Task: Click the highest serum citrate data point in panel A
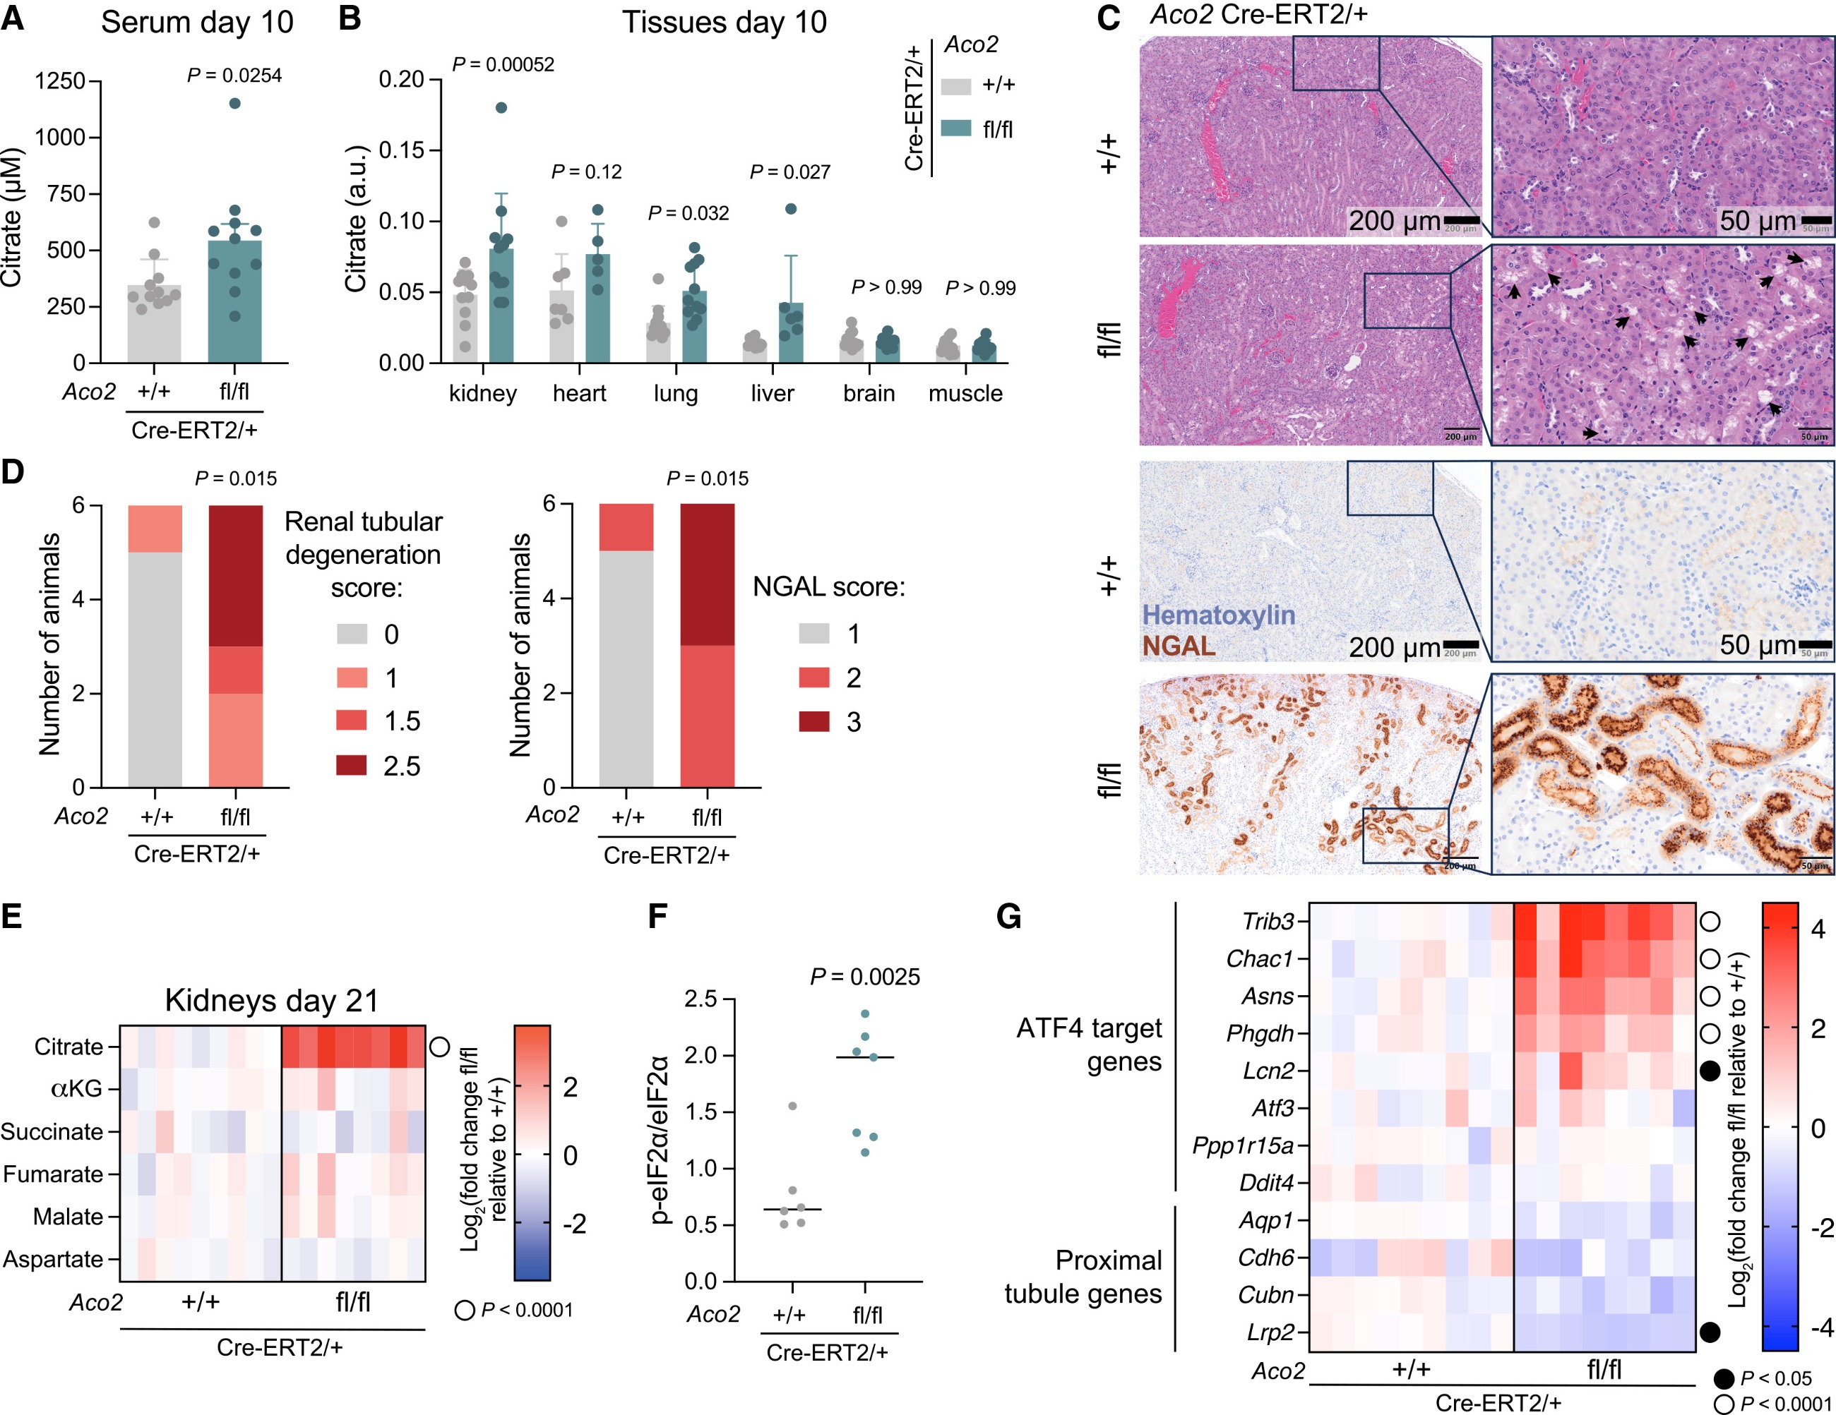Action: [x=234, y=103]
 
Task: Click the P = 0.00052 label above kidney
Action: [x=503, y=65]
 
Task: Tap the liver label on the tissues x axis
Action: [x=772, y=393]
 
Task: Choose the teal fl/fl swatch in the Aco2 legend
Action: [x=956, y=128]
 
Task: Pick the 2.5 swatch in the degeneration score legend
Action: [x=352, y=764]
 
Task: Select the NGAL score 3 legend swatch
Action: [x=813, y=721]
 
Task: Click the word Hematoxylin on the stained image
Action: [x=1218, y=615]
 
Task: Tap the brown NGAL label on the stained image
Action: [x=1179, y=646]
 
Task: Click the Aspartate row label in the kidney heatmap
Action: [x=53, y=1259]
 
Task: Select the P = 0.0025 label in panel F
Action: [x=864, y=976]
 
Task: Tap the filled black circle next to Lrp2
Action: [x=1709, y=1332]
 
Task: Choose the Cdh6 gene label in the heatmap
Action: [x=1265, y=1258]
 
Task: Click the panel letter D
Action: [x=13, y=471]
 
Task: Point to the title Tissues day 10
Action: [x=724, y=23]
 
